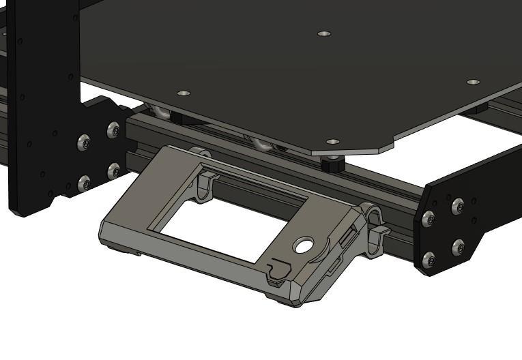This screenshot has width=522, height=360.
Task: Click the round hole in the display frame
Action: pyautogui.click(x=304, y=244)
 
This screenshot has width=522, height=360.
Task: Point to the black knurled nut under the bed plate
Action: pyautogui.click(x=332, y=164)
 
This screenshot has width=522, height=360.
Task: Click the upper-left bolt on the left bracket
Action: pyautogui.click(x=84, y=142)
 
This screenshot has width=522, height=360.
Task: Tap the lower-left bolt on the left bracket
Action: pyautogui.click(x=84, y=183)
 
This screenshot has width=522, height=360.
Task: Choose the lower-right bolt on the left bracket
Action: pyautogui.click(x=113, y=170)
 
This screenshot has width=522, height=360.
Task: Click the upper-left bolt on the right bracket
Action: pyautogui.click(x=429, y=219)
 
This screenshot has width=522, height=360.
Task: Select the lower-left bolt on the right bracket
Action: pyautogui.click(x=429, y=260)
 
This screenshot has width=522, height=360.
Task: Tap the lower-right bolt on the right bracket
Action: pyautogui.click(x=458, y=247)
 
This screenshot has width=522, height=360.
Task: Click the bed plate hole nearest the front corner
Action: pyautogui.click(x=332, y=142)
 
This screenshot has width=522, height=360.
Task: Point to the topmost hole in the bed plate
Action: pyautogui.click(x=324, y=33)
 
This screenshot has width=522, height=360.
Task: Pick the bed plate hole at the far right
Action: pyautogui.click(x=473, y=82)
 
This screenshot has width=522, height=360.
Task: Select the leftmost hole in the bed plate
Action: pyautogui.click(x=183, y=93)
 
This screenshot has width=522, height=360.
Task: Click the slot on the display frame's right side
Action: pyautogui.click(x=348, y=238)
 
